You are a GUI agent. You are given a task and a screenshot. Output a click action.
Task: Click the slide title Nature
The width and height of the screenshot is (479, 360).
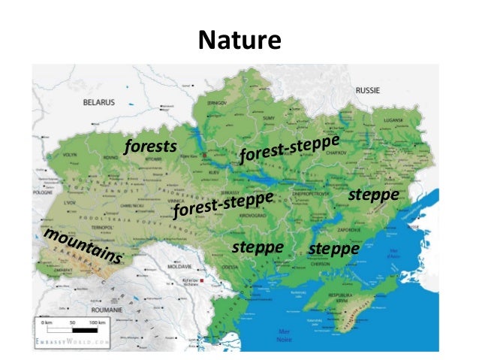[x=239, y=41]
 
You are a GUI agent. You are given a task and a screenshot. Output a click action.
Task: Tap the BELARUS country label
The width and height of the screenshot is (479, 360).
[x=98, y=101]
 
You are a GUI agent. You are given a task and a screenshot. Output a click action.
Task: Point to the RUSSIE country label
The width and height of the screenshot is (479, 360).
[x=367, y=89]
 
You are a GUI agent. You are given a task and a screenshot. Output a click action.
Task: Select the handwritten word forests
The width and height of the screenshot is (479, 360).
[x=150, y=146]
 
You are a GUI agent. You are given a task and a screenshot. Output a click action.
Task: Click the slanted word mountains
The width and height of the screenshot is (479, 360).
[x=83, y=247]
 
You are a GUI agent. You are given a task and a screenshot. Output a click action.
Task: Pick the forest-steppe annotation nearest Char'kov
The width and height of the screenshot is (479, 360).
[x=290, y=147]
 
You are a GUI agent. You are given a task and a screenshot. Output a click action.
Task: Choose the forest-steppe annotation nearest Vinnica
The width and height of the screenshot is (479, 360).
[x=221, y=204]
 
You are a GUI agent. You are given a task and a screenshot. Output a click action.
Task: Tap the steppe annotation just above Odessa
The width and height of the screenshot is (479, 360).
[x=258, y=247]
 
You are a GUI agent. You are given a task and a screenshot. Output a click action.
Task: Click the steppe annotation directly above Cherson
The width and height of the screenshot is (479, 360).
[x=334, y=248]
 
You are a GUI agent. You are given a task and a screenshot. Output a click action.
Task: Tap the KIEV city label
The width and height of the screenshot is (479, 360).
[x=206, y=173]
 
